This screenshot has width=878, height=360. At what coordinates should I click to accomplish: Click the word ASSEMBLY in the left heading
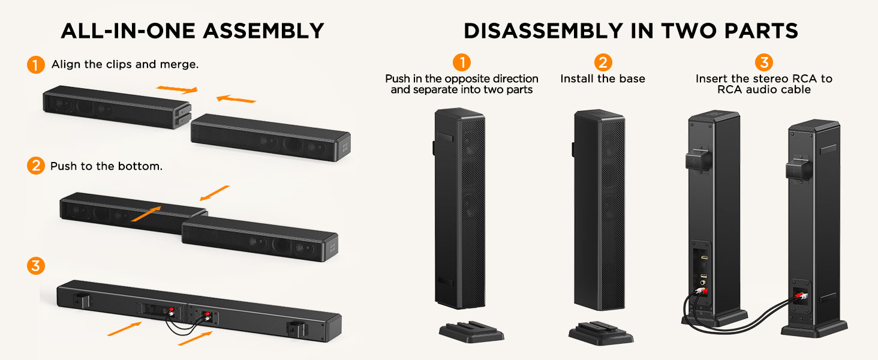[263, 31]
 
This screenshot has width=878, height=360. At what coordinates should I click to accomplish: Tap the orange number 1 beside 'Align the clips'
[35, 65]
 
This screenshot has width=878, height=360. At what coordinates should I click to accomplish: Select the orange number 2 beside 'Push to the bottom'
[35, 166]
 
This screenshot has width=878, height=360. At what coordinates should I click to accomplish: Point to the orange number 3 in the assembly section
[35, 265]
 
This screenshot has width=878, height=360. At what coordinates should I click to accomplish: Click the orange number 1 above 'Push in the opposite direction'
[462, 62]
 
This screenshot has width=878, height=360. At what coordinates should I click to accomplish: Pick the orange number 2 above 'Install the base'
[603, 62]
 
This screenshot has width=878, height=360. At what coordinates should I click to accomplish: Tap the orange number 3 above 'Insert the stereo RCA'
[764, 62]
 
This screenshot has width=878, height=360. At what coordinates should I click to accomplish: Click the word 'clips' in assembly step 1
[119, 64]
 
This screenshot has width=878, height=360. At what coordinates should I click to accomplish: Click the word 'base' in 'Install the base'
[632, 79]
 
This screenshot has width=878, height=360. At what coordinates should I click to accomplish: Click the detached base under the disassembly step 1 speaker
[471, 332]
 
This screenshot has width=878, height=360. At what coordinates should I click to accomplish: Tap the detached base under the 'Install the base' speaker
[601, 333]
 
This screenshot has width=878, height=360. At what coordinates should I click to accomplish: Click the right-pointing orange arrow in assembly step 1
[177, 89]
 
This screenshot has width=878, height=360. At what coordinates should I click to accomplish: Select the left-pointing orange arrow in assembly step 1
[236, 98]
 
